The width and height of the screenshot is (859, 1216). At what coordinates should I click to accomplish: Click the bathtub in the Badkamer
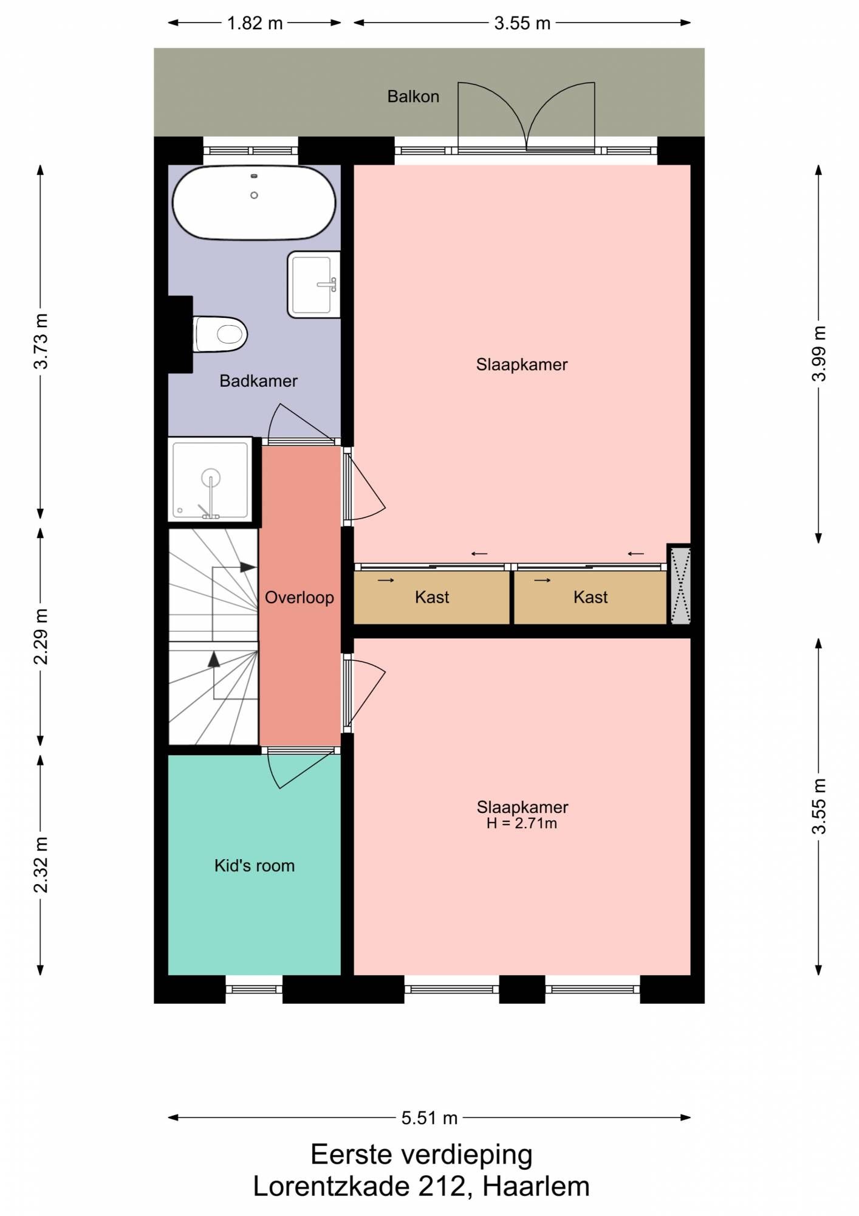pos(254,202)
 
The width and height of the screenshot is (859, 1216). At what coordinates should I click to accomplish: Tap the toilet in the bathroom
pos(220,334)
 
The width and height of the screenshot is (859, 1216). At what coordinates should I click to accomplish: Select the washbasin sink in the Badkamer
pos(313,284)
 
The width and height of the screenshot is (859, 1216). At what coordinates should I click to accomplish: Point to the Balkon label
pos(413,96)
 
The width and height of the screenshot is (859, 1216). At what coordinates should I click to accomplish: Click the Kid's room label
pos(255,865)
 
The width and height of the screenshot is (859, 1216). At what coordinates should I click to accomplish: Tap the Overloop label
pos(299,597)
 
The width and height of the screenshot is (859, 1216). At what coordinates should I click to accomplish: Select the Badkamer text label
pos(258,381)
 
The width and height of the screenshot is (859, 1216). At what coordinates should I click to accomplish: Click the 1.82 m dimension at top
pos(255,23)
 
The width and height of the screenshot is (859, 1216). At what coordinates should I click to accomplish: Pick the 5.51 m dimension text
pos(430,1118)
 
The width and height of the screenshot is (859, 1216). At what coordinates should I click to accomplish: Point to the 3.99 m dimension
pos(819,354)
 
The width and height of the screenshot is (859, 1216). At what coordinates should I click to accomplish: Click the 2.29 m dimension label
pos(41,637)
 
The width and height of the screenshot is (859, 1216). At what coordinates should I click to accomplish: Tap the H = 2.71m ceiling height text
pos(522,823)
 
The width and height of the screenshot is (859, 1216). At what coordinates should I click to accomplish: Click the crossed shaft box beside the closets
pos(679,585)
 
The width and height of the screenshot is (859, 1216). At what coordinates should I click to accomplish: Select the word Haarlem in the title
pos(536,1186)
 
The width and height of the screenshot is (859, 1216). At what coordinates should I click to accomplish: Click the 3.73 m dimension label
pos(41,341)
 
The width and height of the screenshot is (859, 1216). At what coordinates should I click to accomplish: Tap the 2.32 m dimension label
pos(41,865)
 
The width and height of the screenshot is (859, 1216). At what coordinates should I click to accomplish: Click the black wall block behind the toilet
pos(180,334)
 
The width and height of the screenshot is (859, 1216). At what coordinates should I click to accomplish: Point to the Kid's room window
pos(254,989)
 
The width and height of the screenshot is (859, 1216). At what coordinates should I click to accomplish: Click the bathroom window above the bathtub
pos(250,151)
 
